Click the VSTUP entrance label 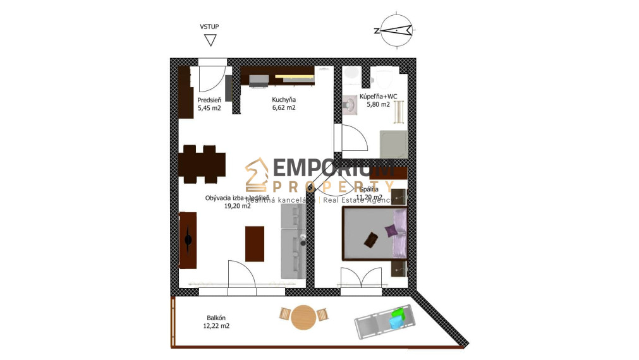pyautogui.click(x=209, y=27)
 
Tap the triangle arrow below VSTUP pyautogui.click(x=210, y=40)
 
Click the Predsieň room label pyautogui.click(x=209, y=100)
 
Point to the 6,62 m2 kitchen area pyautogui.click(x=284, y=108)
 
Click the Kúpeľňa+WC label pyautogui.click(x=379, y=97)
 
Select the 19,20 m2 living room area pyautogui.click(x=238, y=205)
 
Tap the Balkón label pyautogui.click(x=216, y=318)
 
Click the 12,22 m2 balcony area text pyautogui.click(x=216, y=326)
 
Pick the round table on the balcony pyautogui.click(x=304, y=317)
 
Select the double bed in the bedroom pyautogui.click(x=375, y=234)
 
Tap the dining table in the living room pyautogui.click(x=204, y=165)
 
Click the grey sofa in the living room pyautogui.click(x=293, y=243)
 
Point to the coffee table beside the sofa pyautogui.click(x=255, y=243)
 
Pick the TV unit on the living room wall pyautogui.click(x=188, y=240)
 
